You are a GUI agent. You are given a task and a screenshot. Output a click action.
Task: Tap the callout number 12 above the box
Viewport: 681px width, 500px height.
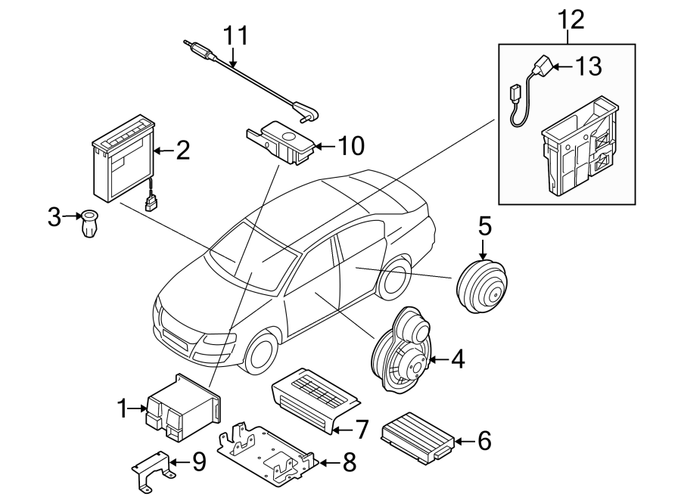coord(571,19)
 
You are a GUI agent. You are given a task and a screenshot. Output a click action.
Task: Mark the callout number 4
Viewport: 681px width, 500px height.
coord(456,360)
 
